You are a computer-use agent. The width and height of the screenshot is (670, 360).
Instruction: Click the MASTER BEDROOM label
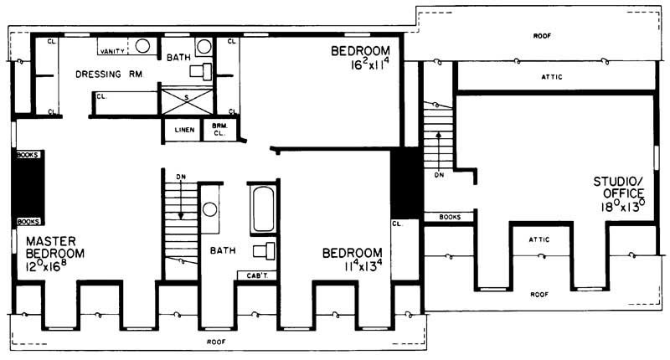(x=55, y=247)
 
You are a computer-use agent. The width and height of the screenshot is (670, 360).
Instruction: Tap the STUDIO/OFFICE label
(x=619, y=188)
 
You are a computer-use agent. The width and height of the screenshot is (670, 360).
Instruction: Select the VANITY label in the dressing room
(x=112, y=51)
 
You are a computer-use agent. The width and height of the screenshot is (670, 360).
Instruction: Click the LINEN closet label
(x=184, y=130)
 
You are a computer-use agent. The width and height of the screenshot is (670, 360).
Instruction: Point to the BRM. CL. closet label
(x=219, y=130)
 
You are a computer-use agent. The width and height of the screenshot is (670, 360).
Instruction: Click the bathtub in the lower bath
(x=263, y=208)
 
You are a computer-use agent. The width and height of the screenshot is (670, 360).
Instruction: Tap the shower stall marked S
(x=187, y=100)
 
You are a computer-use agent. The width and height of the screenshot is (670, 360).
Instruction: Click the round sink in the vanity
(x=142, y=46)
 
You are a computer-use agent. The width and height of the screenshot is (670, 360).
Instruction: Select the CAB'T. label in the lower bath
(x=257, y=276)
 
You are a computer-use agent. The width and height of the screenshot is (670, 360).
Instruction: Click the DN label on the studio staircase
(x=439, y=175)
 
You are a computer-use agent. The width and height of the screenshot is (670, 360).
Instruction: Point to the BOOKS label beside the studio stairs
(x=450, y=217)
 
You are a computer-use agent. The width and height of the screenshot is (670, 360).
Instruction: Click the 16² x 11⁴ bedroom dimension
(x=369, y=65)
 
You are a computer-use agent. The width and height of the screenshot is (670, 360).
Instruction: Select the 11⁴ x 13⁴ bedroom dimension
(x=363, y=266)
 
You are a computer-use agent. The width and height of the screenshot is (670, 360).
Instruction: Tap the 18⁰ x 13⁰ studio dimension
(x=623, y=206)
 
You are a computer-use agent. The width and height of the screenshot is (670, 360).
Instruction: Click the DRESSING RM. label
(x=109, y=75)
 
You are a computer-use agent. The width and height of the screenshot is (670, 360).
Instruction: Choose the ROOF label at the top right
(x=542, y=36)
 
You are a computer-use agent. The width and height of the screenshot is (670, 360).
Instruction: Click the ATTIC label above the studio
(x=552, y=77)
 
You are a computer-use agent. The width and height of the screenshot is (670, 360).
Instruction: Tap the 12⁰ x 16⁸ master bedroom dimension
(x=46, y=266)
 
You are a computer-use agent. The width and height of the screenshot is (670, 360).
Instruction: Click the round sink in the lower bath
(x=210, y=209)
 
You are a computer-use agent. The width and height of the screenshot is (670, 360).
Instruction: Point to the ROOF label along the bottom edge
(x=216, y=342)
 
